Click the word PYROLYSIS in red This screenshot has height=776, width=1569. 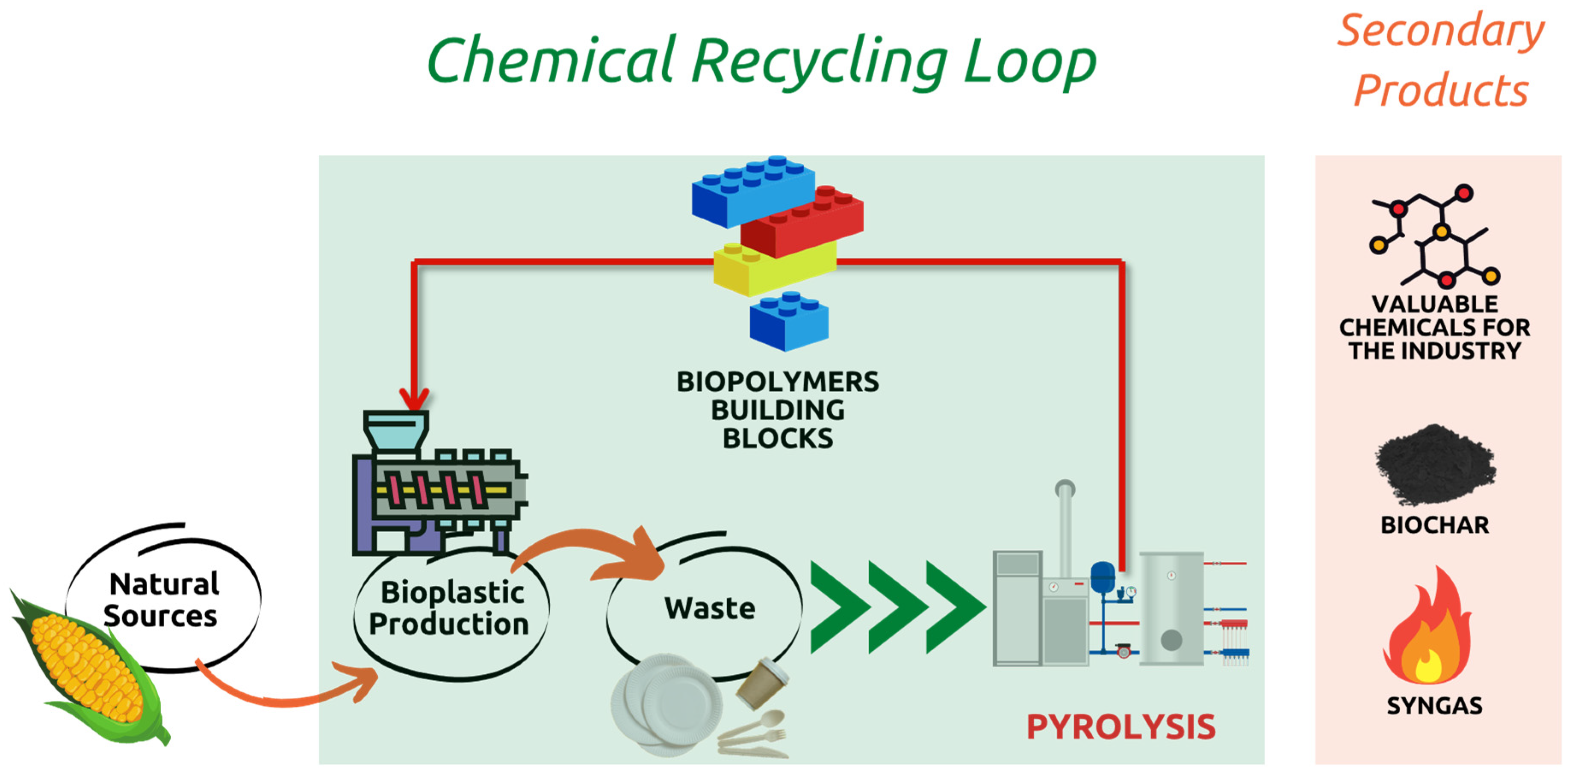click(x=1120, y=727)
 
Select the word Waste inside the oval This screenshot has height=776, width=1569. click(x=710, y=608)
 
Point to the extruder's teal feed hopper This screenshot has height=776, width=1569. click(x=396, y=429)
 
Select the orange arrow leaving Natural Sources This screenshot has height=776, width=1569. click(x=286, y=694)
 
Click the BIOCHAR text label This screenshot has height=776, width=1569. click(x=1434, y=525)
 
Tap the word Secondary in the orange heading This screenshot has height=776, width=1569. click(x=1440, y=32)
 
